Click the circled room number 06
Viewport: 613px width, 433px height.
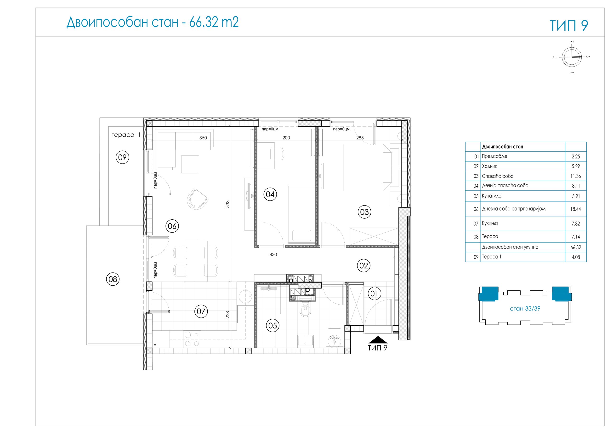pos(172,226)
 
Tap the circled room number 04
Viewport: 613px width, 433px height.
pos(270,194)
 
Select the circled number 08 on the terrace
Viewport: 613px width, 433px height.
pos(113,279)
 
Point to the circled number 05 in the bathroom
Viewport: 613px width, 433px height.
pos(272,326)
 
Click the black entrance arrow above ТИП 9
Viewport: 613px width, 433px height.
pos(378,340)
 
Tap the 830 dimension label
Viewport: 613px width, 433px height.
pos(273,255)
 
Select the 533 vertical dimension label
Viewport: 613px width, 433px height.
pos(228,204)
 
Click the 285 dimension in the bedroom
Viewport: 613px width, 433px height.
pos(360,138)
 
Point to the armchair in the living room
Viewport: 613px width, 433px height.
pos(197,199)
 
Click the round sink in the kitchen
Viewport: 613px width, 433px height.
pos(245,297)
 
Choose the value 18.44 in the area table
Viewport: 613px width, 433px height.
pos(576,209)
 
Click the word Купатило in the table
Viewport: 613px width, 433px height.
pos(492,196)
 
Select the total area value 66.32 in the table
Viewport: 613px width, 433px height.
pos(576,247)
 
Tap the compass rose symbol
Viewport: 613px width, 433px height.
pos(572,57)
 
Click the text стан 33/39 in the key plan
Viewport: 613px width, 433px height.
pos(525,309)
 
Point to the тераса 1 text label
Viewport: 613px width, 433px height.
pos(126,135)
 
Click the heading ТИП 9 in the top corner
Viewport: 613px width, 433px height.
pos(569,25)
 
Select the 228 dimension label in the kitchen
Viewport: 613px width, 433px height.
pos(228,315)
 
